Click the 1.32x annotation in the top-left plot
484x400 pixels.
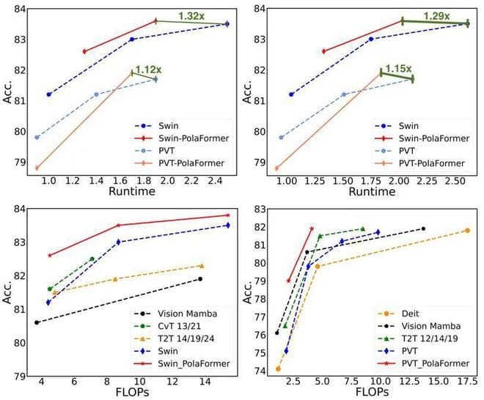(191, 15)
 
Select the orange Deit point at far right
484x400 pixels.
(467, 230)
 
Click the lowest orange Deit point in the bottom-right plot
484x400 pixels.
(278, 368)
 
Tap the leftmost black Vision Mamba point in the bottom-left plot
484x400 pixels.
(37, 322)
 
